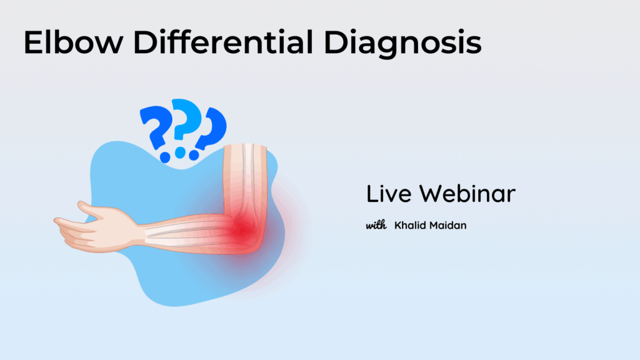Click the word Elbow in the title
tap(74, 42)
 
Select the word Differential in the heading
tap(223, 42)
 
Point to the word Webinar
tap(467, 194)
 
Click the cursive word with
tap(376, 225)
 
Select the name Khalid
tap(409, 225)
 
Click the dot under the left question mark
tap(165, 157)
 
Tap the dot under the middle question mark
tap(180, 153)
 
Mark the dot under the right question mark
tap(194, 155)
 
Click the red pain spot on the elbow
tap(243, 229)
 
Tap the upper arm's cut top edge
tap(245, 146)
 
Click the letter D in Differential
tap(144, 42)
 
